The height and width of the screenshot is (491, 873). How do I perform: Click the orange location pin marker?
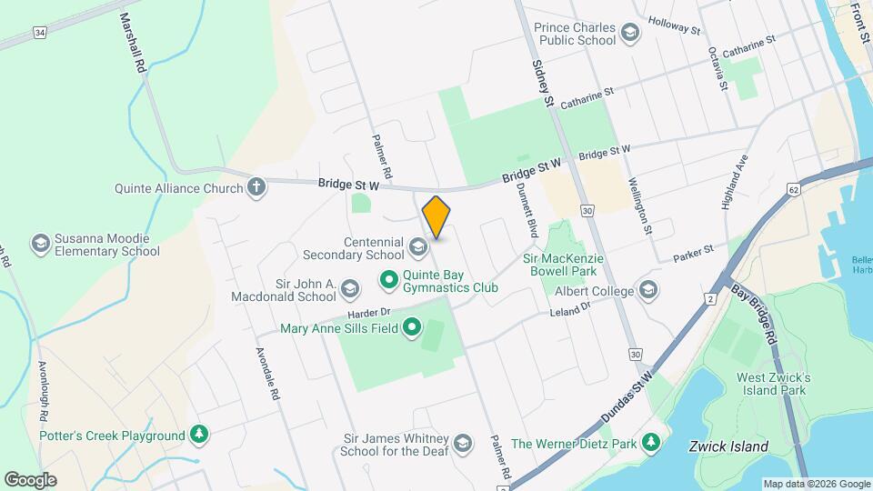(436, 217)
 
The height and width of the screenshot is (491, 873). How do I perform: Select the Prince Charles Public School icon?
(629, 34)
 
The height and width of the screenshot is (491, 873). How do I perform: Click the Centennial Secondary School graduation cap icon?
(417, 247)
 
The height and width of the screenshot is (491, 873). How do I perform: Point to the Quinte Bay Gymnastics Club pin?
(389, 279)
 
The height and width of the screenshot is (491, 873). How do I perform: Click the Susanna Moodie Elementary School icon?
(40, 244)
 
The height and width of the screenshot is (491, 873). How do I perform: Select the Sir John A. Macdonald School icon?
(351, 290)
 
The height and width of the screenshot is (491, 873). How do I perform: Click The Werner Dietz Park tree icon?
(650, 443)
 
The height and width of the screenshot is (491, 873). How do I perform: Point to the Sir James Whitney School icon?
(462, 443)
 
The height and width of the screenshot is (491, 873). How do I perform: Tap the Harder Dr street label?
(367, 313)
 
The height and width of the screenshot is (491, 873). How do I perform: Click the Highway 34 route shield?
(38, 33)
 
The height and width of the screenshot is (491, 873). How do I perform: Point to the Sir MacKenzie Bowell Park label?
(564, 266)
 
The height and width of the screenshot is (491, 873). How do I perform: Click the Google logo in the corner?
(30, 479)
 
